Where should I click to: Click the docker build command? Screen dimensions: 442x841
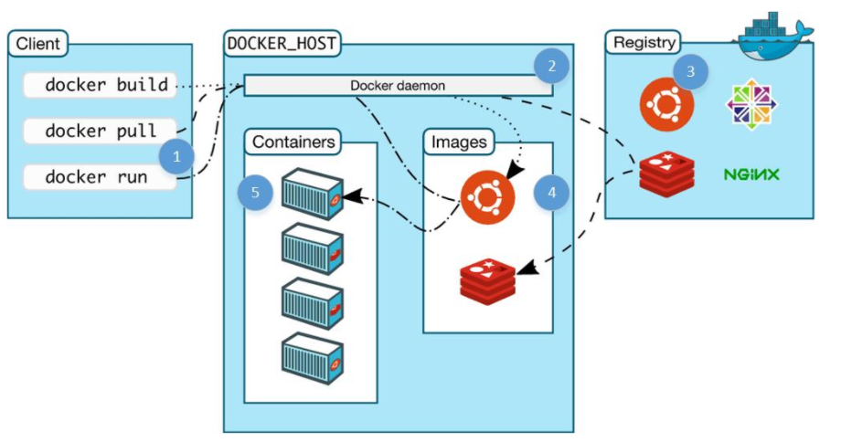[96, 86]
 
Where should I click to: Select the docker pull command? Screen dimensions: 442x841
[96, 131]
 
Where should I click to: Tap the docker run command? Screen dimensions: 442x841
[96, 176]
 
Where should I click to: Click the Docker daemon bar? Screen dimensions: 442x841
[398, 85]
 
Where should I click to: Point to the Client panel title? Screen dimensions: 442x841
[38, 43]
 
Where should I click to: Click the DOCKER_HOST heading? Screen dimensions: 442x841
[282, 42]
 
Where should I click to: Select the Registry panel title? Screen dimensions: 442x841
[644, 42]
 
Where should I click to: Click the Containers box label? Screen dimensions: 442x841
[293, 142]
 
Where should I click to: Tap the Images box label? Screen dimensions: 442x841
[459, 142]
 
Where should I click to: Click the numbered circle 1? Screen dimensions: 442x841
[177, 156]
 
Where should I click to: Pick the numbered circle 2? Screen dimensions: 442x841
[551, 66]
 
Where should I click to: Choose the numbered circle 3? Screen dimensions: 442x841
[690, 71]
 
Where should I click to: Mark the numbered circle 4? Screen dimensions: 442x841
[551, 193]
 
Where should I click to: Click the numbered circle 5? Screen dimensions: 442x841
[255, 193]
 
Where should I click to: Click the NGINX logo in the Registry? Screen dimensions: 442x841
[751, 174]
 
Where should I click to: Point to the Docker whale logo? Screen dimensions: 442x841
[775, 37]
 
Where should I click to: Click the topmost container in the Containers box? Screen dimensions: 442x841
[312, 193]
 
